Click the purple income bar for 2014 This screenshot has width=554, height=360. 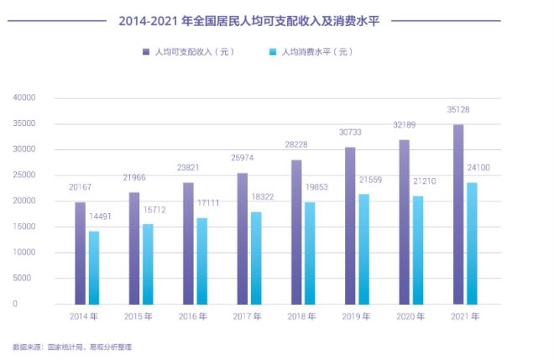click(x=80, y=253)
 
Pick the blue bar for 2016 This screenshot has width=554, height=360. click(x=202, y=261)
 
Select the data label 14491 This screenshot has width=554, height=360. click(x=100, y=217)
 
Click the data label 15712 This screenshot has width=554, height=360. click(x=154, y=209)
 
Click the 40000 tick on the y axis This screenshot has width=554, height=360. click(x=24, y=98)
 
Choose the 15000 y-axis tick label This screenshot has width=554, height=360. click(x=24, y=227)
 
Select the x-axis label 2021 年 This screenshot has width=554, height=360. click(x=465, y=317)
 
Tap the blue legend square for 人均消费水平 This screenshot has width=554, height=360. click(x=272, y=52)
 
